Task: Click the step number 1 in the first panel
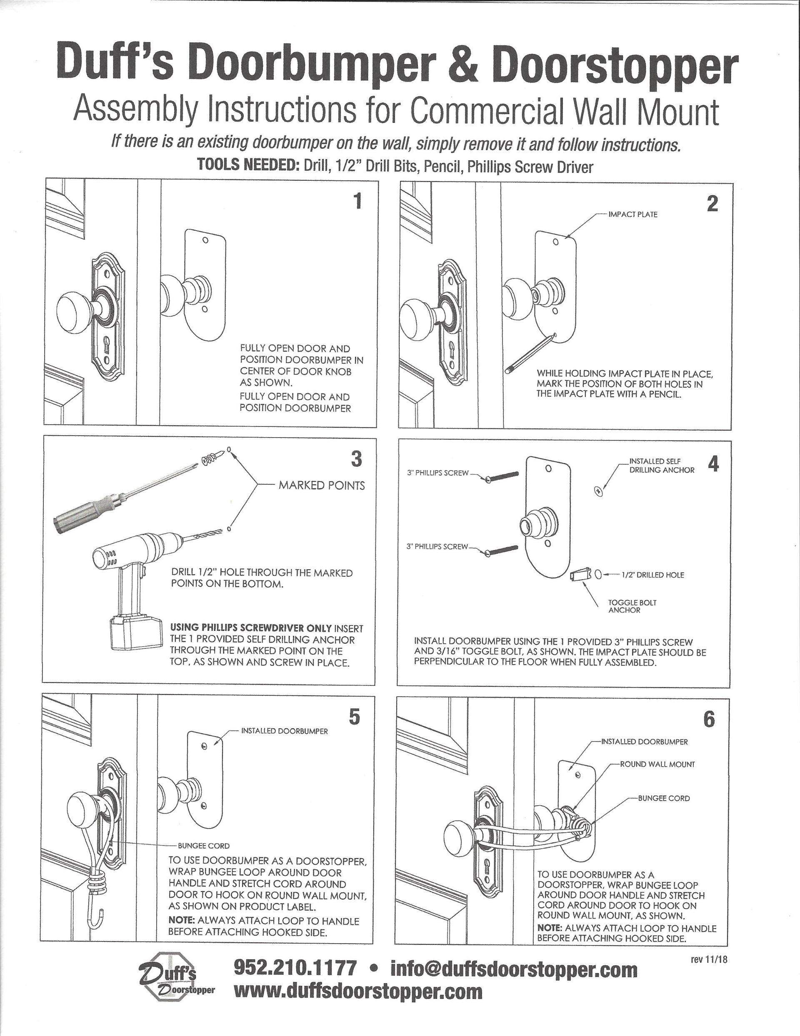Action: click(357, 201)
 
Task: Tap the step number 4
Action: click(712, 464)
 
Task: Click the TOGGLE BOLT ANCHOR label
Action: click(632, 606)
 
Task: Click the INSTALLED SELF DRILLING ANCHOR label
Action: click(661, 466)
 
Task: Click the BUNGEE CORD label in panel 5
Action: click(203, 845)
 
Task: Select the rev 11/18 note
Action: click(708, 960)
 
